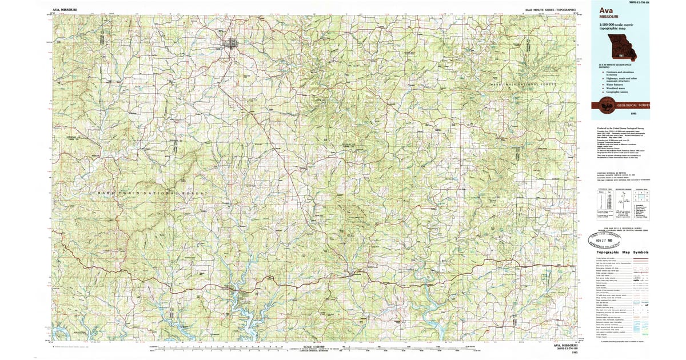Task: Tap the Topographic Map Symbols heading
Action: [x=623, y=252]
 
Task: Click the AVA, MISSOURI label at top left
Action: [x=64, y=10]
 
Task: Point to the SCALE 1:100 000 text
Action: [x=314, y=346]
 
